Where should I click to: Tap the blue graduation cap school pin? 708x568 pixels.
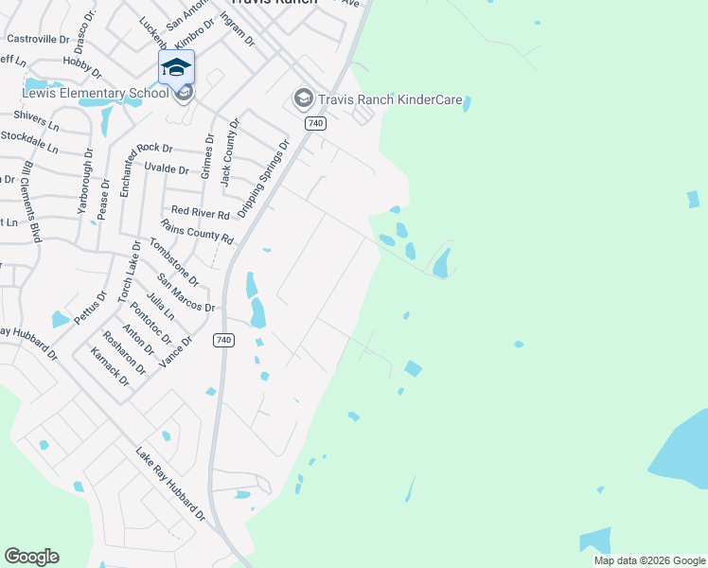tap(176, 68)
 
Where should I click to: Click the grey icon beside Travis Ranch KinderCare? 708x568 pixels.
tap(303, 97)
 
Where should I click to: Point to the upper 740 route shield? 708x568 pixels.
tap(316, 123)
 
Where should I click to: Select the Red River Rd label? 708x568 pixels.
tap(200, 213)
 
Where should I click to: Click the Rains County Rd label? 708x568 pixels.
tap(197, 231)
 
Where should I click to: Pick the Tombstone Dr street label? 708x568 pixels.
tap(173, 262)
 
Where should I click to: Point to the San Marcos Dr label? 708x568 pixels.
tap(186, 293)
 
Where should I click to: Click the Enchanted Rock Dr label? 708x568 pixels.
tap(142, 149)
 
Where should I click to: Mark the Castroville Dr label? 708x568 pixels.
tap(39, 39)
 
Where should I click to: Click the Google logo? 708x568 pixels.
tap(31, 557)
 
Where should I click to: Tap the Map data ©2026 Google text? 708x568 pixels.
tap(648, 560)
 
